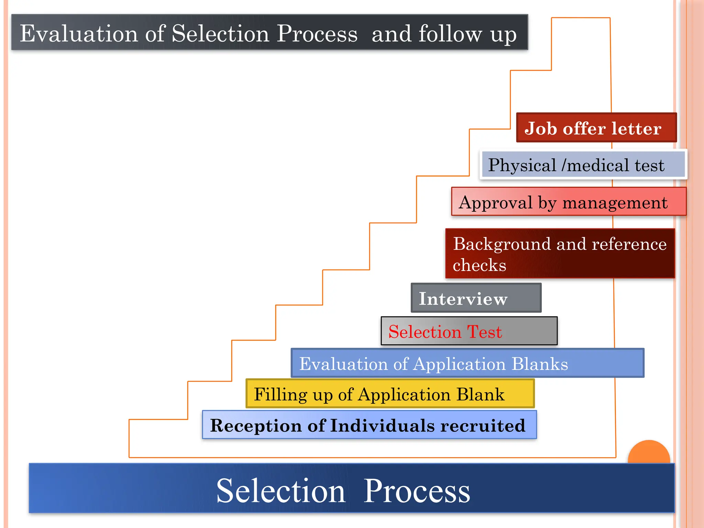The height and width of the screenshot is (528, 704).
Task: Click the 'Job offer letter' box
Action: tap(596, 128)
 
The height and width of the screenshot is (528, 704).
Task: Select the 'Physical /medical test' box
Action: tap(583, 165)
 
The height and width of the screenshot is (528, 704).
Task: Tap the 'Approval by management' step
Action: tap(569, 202)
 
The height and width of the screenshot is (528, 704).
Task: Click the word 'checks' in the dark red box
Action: tap(480, 265)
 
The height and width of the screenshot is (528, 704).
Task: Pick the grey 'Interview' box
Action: tap(476, 298)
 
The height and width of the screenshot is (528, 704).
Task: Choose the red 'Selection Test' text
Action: tap(445, 332)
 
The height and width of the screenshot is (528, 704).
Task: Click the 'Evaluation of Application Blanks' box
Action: tap(467, 363)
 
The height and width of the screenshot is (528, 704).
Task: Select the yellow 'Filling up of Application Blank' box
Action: tap(390, 394)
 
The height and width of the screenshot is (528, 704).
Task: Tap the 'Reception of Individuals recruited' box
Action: tap(370, 425)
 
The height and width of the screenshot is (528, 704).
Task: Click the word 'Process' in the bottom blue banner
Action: tap(417, 491)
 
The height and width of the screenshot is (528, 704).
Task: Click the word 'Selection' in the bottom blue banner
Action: tap(281, 491)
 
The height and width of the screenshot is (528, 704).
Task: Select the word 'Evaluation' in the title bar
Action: tap(79, 33)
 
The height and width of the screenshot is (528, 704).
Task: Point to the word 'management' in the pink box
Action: tap(615, 202)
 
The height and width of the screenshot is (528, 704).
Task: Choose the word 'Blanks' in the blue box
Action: tap(540, 364)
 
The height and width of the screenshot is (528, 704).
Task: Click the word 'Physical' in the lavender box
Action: tap(522, 165)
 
